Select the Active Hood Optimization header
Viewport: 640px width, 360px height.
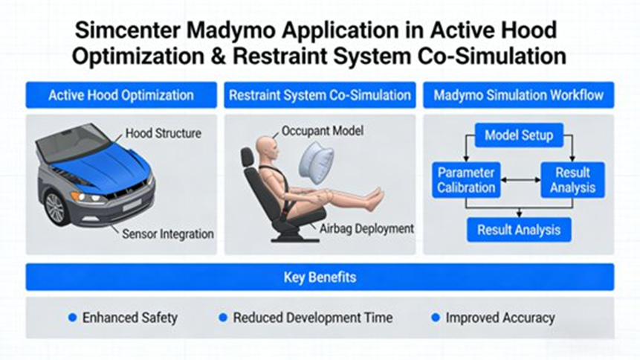point(121,95)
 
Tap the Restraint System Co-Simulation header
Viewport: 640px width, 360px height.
point(320,95)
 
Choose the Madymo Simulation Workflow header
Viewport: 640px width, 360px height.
point(518,95)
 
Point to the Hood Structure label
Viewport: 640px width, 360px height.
point(164,133)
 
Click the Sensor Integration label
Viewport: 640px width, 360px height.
point(168,234)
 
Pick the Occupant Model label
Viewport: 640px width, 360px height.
point(323,131)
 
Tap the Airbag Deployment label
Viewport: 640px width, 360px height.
point(366,228)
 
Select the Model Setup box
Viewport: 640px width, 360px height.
point(519,135)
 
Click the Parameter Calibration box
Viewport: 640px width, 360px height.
point(466,180)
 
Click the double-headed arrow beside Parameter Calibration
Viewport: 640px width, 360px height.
point(520,180)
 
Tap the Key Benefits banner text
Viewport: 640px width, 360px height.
point(320,277)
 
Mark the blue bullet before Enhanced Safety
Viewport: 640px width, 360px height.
point(73,318)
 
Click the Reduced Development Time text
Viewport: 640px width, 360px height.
point(313,318)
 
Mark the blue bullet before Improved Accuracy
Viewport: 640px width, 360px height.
point(436,318)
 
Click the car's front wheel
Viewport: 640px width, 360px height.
point(55,208)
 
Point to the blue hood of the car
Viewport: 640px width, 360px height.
point(102,165)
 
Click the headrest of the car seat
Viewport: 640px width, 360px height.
point(248,157)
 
